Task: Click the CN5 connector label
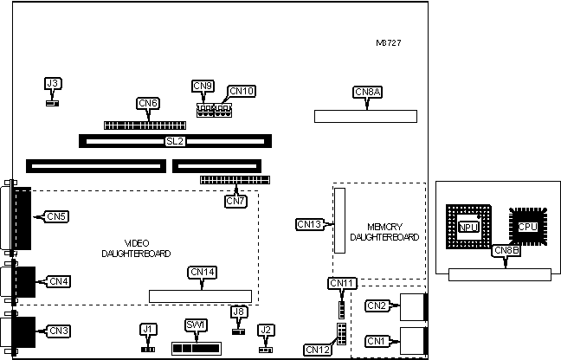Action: coord(57,215)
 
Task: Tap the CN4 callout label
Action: coord(59,280)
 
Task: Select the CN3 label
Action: coord(59,330)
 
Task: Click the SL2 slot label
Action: coord(175,140)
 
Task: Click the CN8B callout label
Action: coord(506,251)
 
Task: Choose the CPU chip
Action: coord(528,227)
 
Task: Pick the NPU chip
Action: coord(468,228)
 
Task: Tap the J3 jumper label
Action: coord(53,84)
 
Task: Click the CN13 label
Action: coord(309,224)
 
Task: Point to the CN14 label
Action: coord(203,272)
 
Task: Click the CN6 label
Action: coord(148,103)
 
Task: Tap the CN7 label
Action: coord(235,201)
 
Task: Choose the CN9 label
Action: coord(203,85)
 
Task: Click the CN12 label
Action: coord(316,350)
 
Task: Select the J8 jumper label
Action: coord(239,312)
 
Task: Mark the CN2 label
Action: coord(377,305)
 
